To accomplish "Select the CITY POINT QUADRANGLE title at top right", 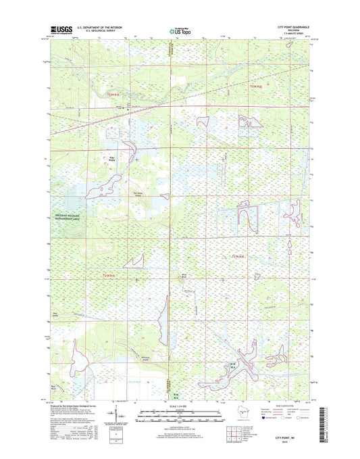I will [x=296, y=27].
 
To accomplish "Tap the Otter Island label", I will [x=54, y=312].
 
